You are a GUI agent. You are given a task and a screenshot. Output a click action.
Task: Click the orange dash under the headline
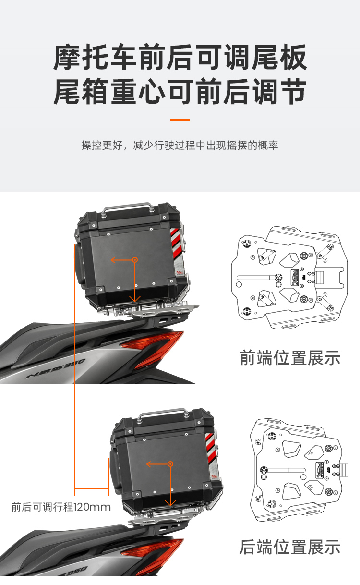pyautogui.click(x=180, y=120)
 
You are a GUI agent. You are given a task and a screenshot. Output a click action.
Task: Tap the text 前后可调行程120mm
pyautogui.click(x=61, y=507)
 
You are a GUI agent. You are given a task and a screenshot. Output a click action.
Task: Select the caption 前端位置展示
pyautogui.click(x=290, y=358)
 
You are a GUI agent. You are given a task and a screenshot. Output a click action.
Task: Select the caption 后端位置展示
pyautogui.click(x=290, y=547)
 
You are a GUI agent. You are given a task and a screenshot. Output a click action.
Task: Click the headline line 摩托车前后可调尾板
pyautogui.click(x=180, y=57)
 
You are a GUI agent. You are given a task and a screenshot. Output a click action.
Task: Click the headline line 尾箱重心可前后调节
pyautogui.click(x=180, y=91)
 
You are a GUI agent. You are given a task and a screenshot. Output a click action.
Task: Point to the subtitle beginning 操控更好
pyautogui.click(x=180, y=145)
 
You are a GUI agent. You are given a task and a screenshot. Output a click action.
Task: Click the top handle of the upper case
pyautogui.click(x=127, y=207)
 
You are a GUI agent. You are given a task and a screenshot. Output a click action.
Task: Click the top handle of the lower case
pyautogui.click(x=163, y=413)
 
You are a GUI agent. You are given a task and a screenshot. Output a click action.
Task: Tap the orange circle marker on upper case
pyautogui.click(x=135, y=260)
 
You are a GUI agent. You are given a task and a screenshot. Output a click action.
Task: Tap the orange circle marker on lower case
pyautogui.click(x=170, y=464)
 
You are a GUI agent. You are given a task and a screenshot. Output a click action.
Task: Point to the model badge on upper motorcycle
pyautogui.click(x=55, y=368)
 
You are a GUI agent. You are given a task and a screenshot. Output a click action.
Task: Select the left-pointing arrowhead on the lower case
pyautogui.click(x=148, y=464)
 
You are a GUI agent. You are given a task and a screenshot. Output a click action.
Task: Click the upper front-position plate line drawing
pyautogui.click(x=289, y=277)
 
